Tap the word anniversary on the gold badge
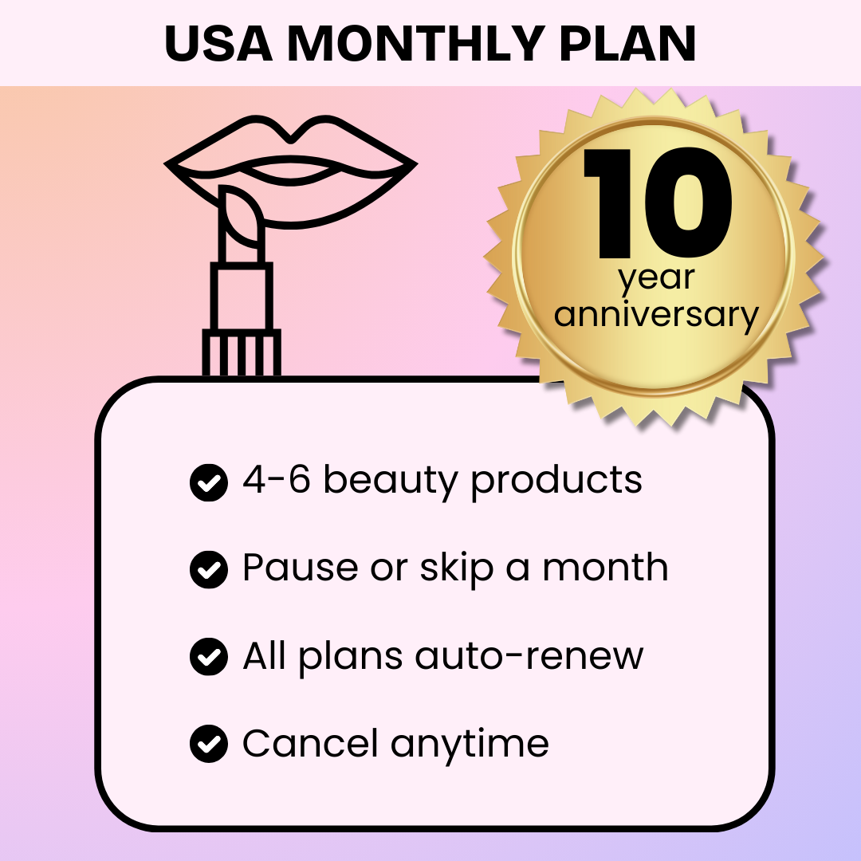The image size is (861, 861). click(x=657, y=315)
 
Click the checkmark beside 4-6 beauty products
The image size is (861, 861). click(x=209, y=482)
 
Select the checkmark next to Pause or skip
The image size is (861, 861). click(x=209, y=569)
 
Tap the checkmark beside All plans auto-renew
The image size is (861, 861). click(x=209, y=657)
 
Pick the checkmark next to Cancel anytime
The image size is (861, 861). click(x=209, y=744)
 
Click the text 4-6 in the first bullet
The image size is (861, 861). click(x=276, y=480)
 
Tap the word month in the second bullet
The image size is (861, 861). click(x=605, y=568)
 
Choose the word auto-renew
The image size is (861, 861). click(x=529, y=656)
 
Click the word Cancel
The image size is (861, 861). click(x=310, y=743)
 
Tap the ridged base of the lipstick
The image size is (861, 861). click(x=241, y=353)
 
